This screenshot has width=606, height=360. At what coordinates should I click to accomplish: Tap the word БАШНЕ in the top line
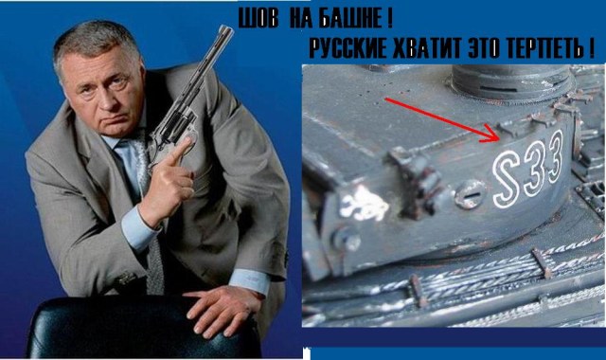(x=355, y=20)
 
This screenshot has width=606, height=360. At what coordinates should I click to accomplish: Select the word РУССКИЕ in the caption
(x=346, y=48)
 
